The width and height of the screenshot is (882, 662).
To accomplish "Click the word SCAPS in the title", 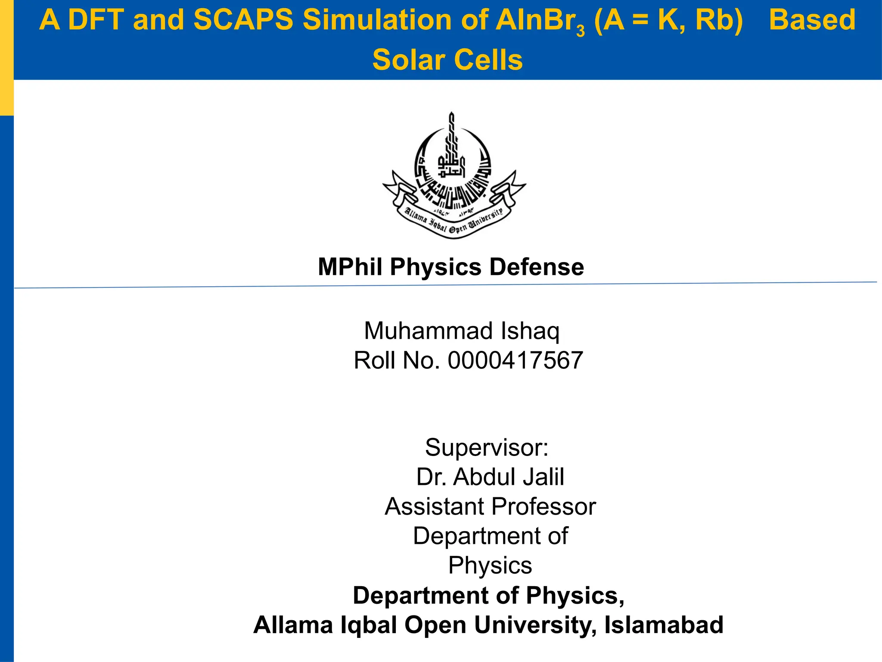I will click(243, 20).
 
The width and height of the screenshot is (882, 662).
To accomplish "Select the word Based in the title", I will click(812, 20).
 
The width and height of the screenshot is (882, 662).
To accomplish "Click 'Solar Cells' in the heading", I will click(447, 59).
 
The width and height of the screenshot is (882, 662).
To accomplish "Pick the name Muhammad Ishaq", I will click(462, 331).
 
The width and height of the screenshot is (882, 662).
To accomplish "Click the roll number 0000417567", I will click(515, 360).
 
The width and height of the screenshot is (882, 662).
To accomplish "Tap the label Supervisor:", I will click(487, 447).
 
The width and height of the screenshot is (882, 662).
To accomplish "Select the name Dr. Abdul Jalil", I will click(490, 477).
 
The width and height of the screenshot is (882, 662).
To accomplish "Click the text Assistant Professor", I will click(490, 506).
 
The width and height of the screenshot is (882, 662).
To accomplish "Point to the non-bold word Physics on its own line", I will click(490, 565).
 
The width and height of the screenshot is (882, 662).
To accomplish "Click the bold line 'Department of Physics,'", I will click(488, 595).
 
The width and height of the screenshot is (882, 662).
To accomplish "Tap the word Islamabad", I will click(664, 625).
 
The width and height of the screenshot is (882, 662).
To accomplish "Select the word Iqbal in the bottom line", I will click(368, 625).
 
